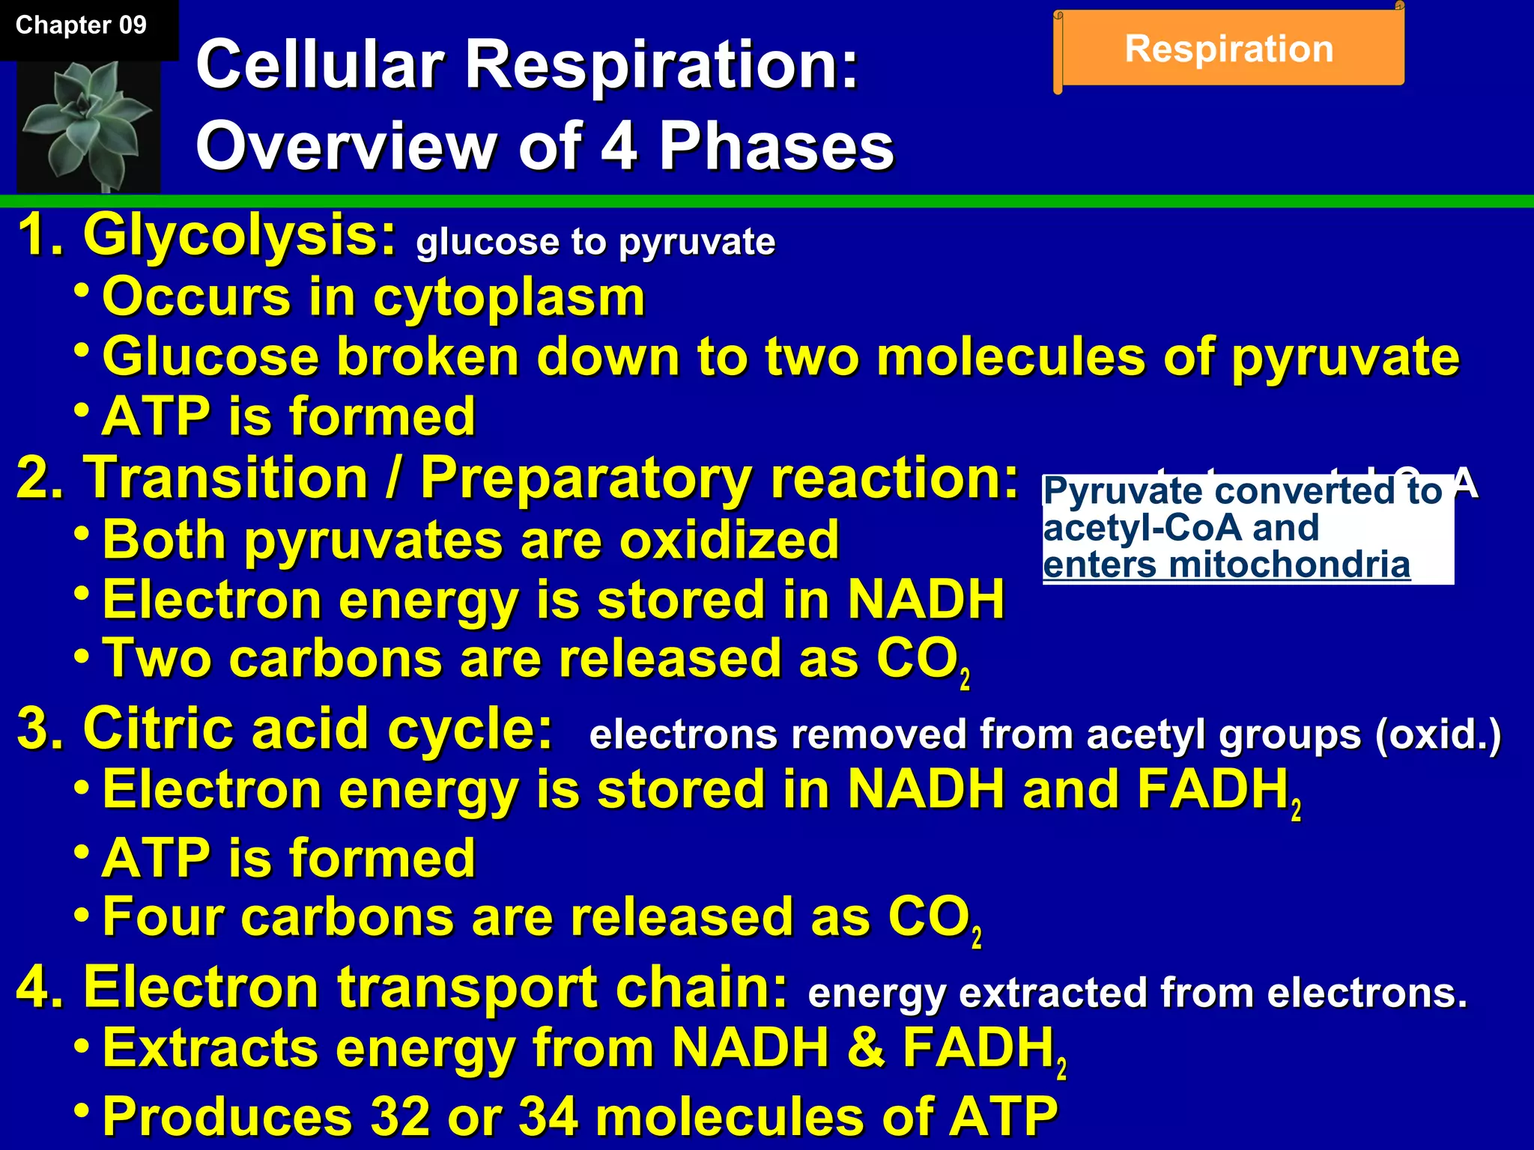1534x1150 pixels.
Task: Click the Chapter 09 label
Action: point(81,25)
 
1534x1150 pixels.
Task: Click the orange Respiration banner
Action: point(1229,49)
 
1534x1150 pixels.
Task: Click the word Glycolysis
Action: point(239,235)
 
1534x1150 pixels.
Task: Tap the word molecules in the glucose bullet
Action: point(1010,356)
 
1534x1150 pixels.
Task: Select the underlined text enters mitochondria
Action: point(1226,565)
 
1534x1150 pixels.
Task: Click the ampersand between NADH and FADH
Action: point(866,1047)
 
